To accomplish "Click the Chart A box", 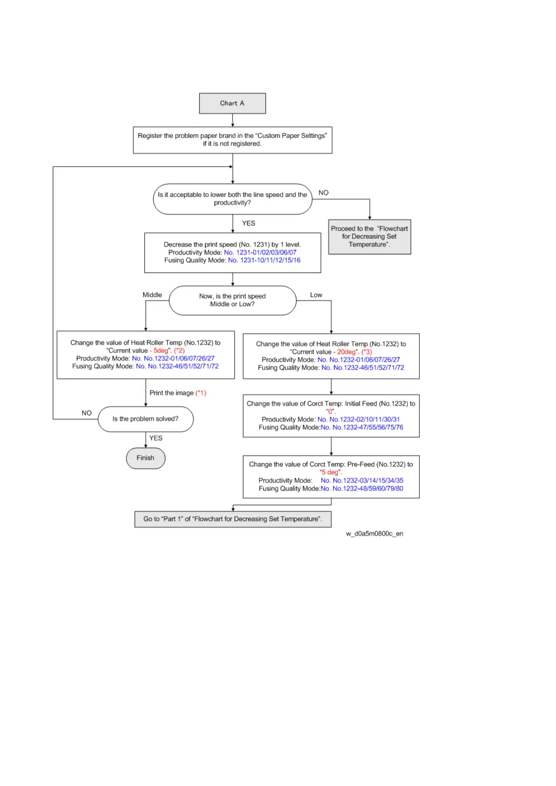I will coord(232,103).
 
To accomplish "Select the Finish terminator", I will coord(145,458).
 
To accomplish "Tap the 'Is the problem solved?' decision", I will coord(145,419).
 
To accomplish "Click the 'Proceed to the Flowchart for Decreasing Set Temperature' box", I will coord(369,237).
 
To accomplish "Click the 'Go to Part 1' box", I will coord(232,519).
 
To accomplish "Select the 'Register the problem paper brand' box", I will coord(232,140).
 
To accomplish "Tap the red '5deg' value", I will coord(161,351).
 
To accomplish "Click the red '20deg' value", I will coord(346,352).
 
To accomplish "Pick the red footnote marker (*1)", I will coord(201,393).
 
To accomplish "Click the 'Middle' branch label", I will coord(152,295).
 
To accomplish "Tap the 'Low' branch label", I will coord(316,295).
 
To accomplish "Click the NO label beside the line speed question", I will coord(324,193).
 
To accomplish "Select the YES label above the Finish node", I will coord(156,438).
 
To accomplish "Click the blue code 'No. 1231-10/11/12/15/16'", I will coord(264,260).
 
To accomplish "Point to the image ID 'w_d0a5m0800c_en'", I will coord(374,533).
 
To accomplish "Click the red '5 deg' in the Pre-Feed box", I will coord(331,472).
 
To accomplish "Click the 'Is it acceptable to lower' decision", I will coord(232,199).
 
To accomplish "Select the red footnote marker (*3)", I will coord(367,352).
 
